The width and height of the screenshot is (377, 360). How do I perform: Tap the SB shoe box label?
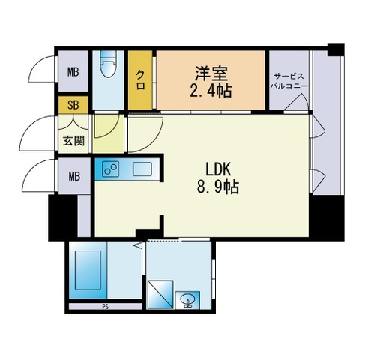73,105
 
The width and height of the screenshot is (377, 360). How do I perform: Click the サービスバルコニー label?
289,81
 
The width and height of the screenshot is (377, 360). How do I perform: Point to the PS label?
104,307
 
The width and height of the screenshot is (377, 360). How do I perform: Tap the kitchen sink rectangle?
142,169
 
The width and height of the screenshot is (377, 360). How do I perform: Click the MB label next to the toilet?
73,72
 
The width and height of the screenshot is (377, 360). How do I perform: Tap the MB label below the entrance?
73,177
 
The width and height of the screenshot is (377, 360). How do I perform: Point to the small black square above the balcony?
335,50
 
